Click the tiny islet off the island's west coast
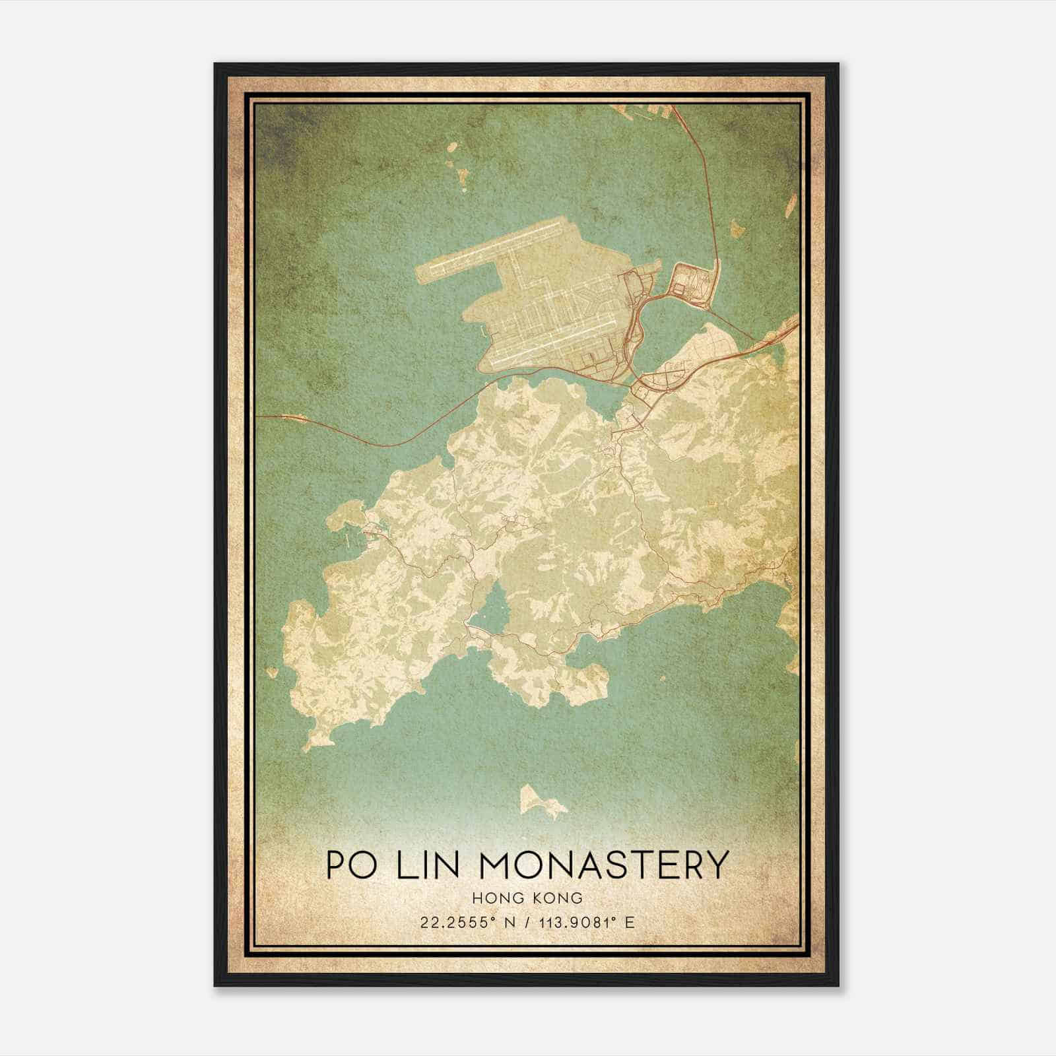271,673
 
